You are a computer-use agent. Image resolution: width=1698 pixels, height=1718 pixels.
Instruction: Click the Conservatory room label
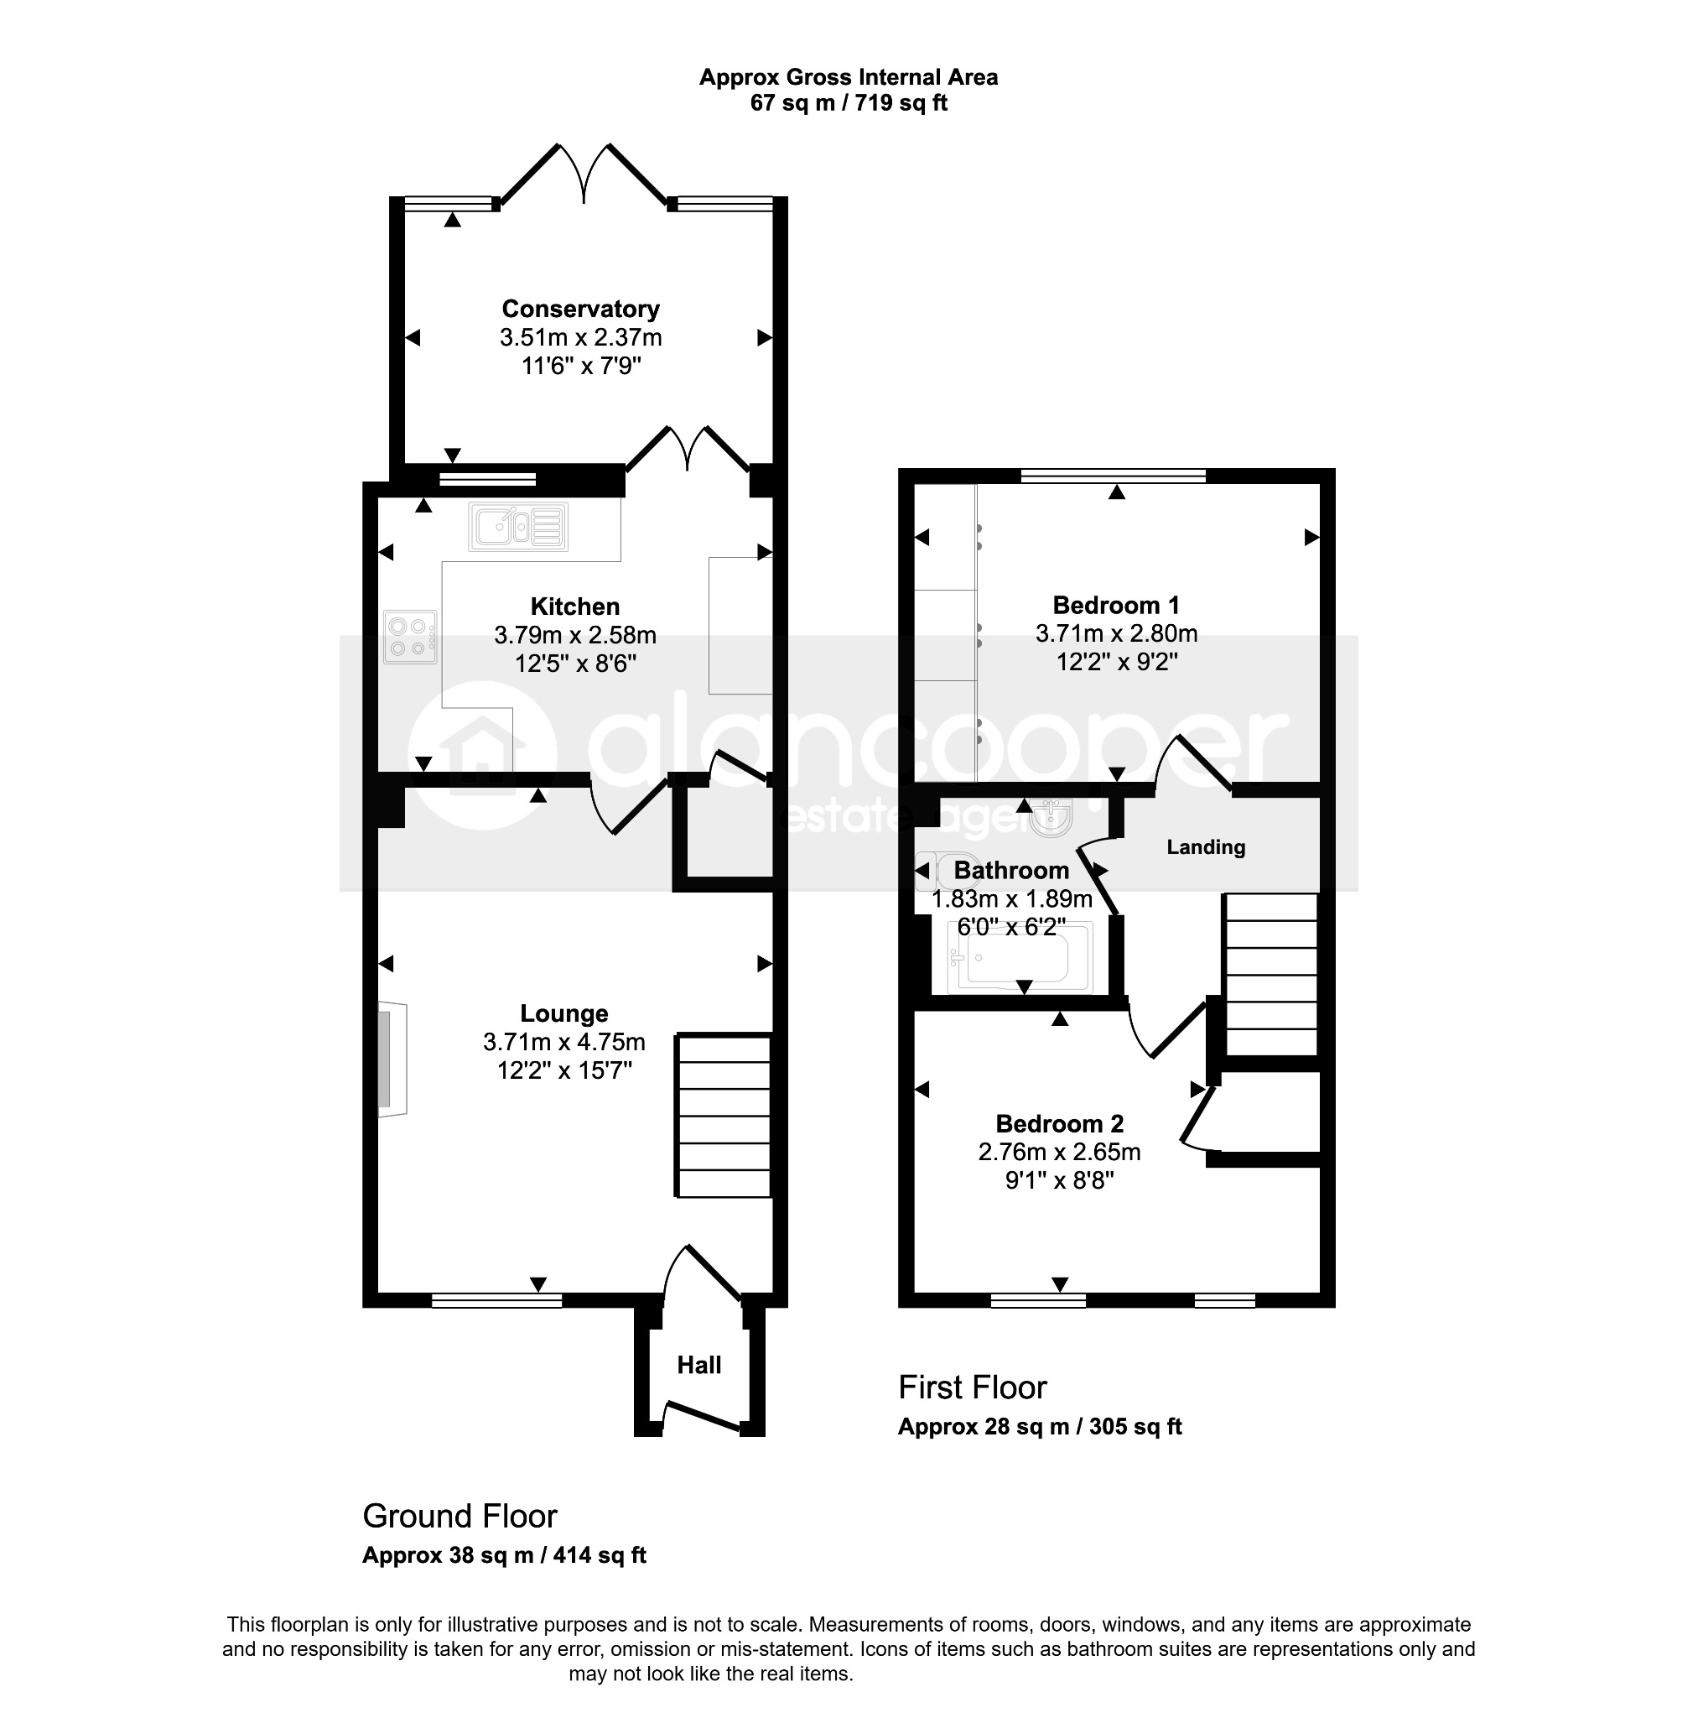click(x=580, y=309)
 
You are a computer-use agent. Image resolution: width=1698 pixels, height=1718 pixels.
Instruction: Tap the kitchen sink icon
click(x=518, y=528)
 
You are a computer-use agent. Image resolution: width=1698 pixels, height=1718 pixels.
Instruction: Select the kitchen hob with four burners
click(x=410, y=637)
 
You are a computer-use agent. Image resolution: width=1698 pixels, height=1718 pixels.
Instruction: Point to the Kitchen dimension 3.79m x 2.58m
click(x=575, y=635)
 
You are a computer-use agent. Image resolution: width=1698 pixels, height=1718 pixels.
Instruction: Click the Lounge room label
click(x=563, y=1013)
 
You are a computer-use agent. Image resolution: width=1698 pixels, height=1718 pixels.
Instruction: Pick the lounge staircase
click(x=724, y=1115)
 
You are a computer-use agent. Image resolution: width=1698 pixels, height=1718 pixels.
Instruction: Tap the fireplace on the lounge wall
click(x=392, y=1059)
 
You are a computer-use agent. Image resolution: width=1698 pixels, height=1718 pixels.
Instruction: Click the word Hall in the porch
click(x=698, y=1365)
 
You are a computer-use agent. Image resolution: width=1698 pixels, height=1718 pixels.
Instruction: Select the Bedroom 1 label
click(x=1116, y=606)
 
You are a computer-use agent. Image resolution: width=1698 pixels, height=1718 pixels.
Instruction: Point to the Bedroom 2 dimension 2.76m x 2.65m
click(x=1059, y=1152)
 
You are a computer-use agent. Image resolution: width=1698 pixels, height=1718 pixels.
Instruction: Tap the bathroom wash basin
click(x=1052, y=817)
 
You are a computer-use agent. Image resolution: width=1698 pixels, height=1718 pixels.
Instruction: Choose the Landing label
click(x=1206, y=846)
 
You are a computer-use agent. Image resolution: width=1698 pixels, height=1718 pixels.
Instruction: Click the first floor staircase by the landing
click(x=1270, y=975)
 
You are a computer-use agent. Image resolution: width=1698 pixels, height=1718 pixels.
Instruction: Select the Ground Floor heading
click(x=460, y=1515)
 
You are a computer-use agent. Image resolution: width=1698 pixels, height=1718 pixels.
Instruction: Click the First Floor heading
click(x=972, y=1387)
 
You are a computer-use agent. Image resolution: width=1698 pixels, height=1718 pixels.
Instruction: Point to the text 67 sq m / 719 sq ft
click(x=849, y=103)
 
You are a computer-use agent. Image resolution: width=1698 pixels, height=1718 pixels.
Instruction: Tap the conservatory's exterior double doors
click(x=583, y=174)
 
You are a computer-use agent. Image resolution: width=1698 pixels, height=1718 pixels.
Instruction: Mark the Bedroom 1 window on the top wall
click(x=1113, y=476)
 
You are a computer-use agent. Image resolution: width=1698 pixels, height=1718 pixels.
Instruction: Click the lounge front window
click(x=497, y=1300)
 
